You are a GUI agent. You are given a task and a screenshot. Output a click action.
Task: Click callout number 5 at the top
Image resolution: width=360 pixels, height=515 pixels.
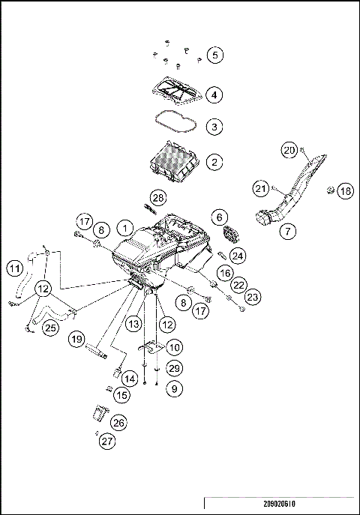(x=215, y=55)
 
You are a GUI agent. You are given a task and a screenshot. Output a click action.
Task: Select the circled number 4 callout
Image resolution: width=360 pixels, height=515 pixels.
(x=214, y=95)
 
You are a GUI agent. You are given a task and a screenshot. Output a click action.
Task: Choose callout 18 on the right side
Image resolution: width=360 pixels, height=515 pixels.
(x=344, y=191)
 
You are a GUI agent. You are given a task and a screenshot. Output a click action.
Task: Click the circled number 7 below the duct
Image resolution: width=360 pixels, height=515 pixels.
(x=288, y=231)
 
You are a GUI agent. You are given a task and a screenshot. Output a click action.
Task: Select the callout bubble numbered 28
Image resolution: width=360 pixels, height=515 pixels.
(x=157, y=197)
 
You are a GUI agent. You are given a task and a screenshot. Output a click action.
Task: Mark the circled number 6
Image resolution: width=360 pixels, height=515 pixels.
(x=219, y=217)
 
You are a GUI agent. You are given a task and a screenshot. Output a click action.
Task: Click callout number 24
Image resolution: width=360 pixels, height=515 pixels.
(x=237, y=256)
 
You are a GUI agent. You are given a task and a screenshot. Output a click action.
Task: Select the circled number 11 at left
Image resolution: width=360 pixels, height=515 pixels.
(x=14, y=268)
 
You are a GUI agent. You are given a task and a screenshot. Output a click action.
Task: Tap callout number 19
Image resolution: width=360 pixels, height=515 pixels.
(x=76, y=340)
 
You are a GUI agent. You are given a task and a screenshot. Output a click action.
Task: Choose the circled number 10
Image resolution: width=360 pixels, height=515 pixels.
(x=174, y=348)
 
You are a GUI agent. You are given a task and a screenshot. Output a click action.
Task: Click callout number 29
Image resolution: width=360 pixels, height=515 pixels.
(x=174, y=369)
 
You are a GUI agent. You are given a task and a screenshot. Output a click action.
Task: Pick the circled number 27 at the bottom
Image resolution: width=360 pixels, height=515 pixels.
(x=107, y=441)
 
